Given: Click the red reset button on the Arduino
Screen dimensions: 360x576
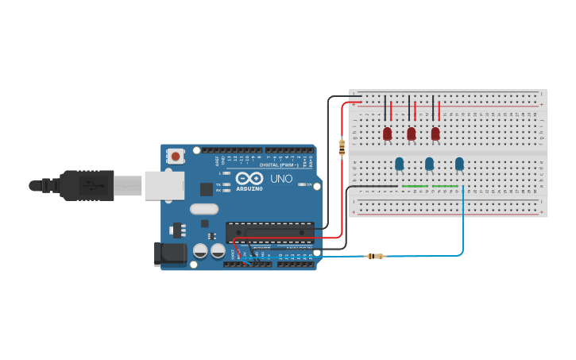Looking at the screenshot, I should (174, 157).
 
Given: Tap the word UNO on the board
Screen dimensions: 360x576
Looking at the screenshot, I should (282, 179).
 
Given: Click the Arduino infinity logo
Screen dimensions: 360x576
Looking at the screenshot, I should (248, 179).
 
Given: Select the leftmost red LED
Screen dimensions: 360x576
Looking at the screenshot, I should (388, 134).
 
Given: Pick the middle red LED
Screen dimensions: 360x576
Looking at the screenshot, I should (412, 134).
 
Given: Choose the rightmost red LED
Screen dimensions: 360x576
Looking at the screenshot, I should (435, 134).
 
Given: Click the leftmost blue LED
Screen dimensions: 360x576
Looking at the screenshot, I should (399, 164).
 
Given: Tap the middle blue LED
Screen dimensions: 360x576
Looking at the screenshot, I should (429, 164).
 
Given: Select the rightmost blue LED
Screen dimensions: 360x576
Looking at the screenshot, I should (459, 164).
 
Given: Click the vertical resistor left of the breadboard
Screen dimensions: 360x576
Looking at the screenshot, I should (342, 148).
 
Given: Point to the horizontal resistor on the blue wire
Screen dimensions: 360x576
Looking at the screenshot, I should (374, 256).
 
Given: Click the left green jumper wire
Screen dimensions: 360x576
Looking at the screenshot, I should (414, 187).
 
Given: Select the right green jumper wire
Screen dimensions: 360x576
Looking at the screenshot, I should (445, 187).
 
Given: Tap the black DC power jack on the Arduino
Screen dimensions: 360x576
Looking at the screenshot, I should (170, 254).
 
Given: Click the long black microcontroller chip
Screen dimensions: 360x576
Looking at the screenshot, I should (269, 231).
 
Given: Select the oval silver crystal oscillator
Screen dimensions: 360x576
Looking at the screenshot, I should (203, 210).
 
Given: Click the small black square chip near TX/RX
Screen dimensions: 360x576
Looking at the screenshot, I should (207, 189).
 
